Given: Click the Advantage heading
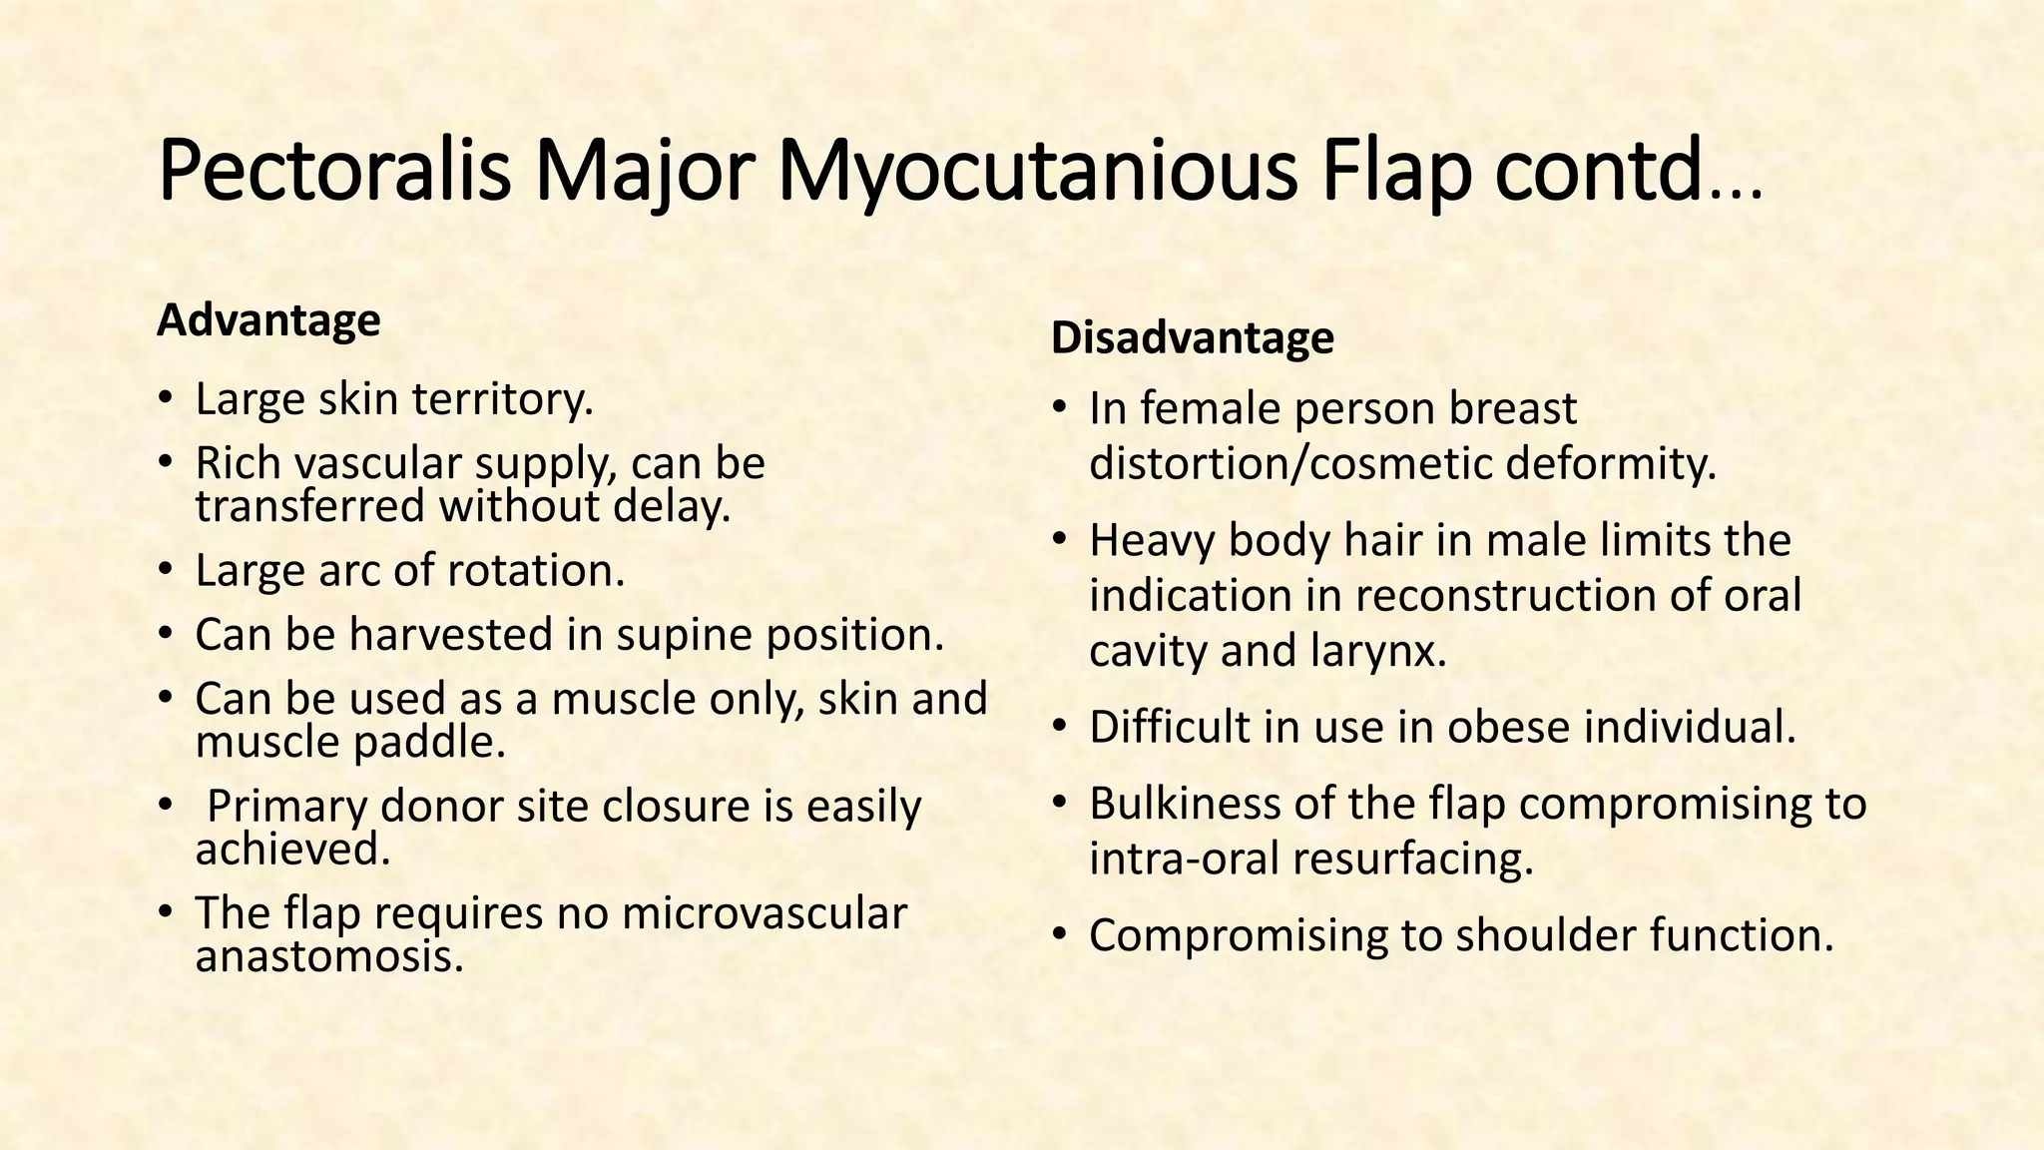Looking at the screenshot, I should point(268,320).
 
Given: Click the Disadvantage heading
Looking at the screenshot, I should point(1192,337).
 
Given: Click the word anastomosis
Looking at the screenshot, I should point(329,956).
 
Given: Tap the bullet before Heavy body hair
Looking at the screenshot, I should point(1059,541).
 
